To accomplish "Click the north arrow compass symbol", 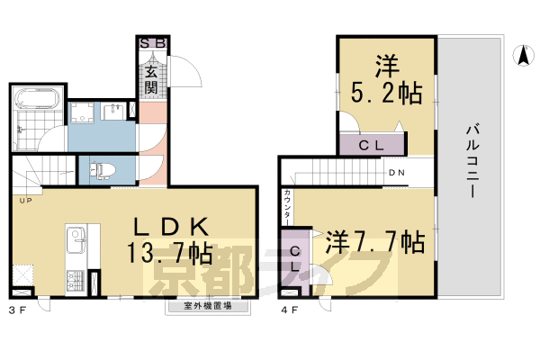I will click(x=521, y=56).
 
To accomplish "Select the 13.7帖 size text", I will click(x=175, y=254).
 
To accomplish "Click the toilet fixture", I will click(x=102, y=168).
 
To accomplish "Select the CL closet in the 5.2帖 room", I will click(x=373, y=144).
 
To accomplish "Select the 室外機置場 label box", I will click(x=208, y=306).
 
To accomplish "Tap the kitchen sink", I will click(x=76, y=239).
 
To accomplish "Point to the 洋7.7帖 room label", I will click(x=374, y=241).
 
